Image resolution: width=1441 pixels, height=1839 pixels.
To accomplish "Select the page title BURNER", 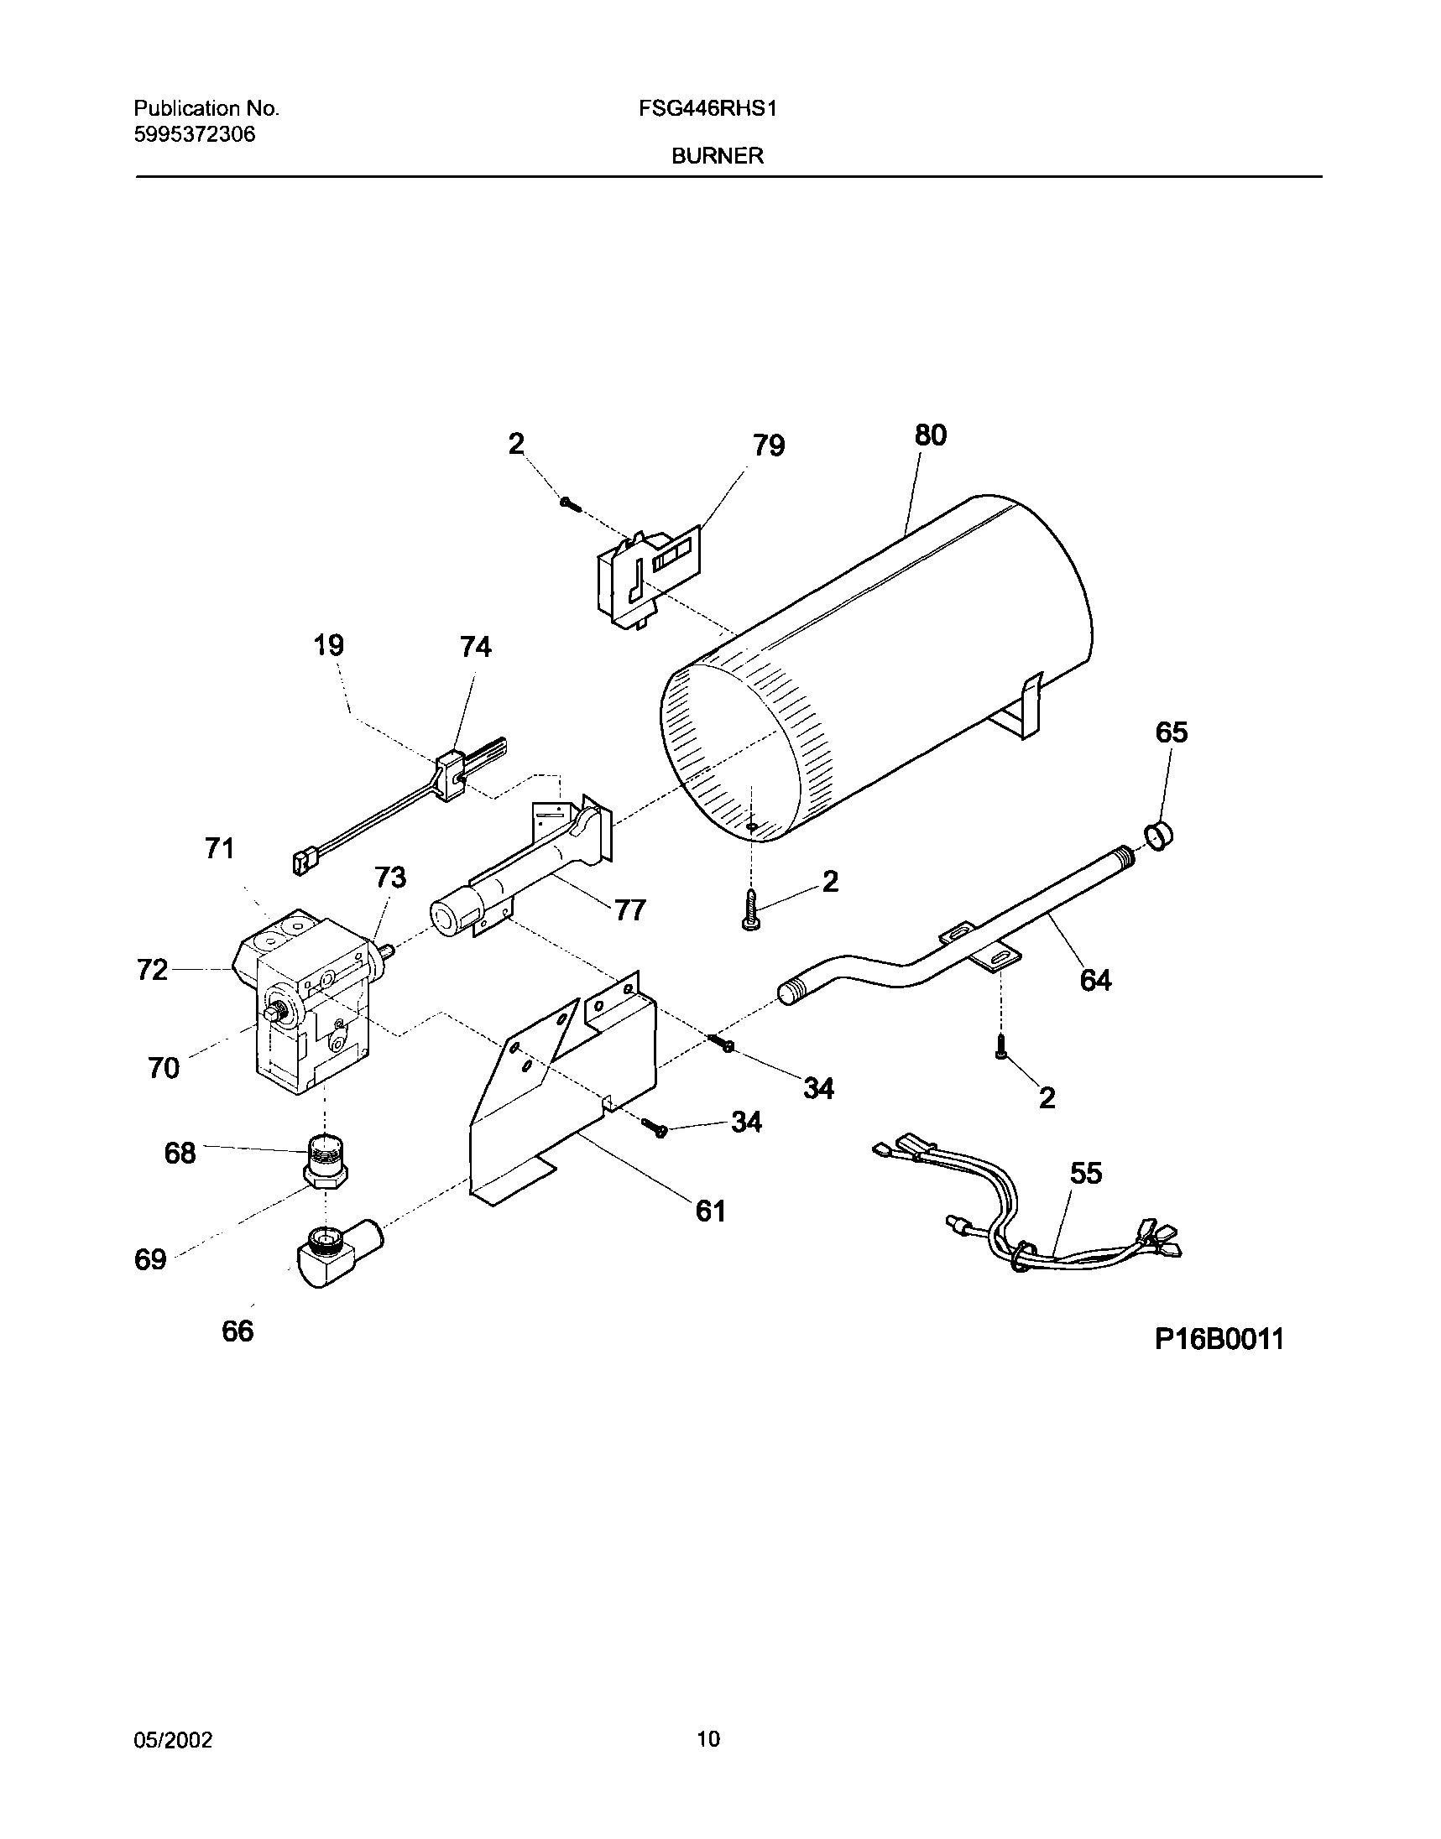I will [717, 156].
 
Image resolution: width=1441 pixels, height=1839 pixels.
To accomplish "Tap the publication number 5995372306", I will [194, 134].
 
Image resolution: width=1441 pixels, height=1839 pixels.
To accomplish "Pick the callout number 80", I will [931, 435].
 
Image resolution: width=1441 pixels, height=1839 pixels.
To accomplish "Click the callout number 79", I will [769, 445].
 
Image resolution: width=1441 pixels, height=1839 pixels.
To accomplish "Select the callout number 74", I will [475, 647].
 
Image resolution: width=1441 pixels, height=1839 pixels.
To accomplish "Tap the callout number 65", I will [1171, 732].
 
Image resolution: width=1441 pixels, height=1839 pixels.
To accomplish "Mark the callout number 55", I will [1086, 1173].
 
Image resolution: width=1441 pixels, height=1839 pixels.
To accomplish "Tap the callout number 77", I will [630, 909].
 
